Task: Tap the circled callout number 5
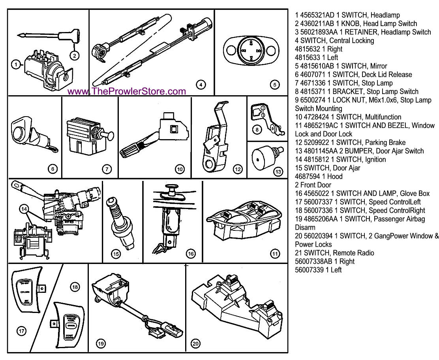pos(275,84)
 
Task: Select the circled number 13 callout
pos(278,171)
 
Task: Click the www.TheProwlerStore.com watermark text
pos(126,92)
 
